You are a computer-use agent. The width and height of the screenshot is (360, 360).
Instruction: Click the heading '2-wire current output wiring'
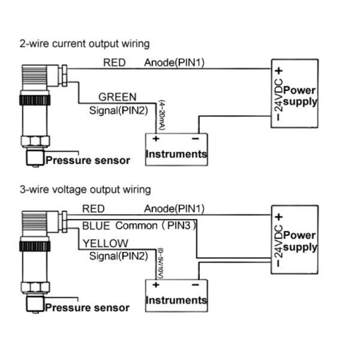(x=85, y=44)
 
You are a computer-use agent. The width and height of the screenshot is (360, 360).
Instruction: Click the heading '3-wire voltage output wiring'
(x=85, y=190)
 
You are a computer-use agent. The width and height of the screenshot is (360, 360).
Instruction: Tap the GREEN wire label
(x=117, y=97)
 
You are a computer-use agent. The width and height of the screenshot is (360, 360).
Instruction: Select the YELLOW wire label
(x=105, y=243)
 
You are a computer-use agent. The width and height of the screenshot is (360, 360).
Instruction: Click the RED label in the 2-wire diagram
(x=115, y=62)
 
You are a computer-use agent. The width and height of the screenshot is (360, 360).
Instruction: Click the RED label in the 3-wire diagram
(x=94, y=209)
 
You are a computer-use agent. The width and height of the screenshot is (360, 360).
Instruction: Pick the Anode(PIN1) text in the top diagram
(x=174, y=62)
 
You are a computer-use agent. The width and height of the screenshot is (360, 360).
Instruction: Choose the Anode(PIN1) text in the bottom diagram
(x=174, y=209)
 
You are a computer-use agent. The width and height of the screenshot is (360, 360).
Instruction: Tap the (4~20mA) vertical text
(x=161, y=115)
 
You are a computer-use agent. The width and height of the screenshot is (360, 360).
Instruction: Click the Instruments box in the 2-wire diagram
(x=176, y=148)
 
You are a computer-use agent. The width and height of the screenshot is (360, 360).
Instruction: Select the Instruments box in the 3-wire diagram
(x=176, y=294)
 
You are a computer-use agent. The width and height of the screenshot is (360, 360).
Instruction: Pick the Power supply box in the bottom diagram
(x=294, y=240)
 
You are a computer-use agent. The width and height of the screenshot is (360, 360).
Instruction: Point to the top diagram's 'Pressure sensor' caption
(x=88, y=160)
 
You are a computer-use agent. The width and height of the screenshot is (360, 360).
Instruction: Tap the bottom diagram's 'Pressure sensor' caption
(x=88, y=308)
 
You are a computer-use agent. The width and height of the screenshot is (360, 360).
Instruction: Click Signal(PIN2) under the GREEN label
(x=118, y=110)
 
